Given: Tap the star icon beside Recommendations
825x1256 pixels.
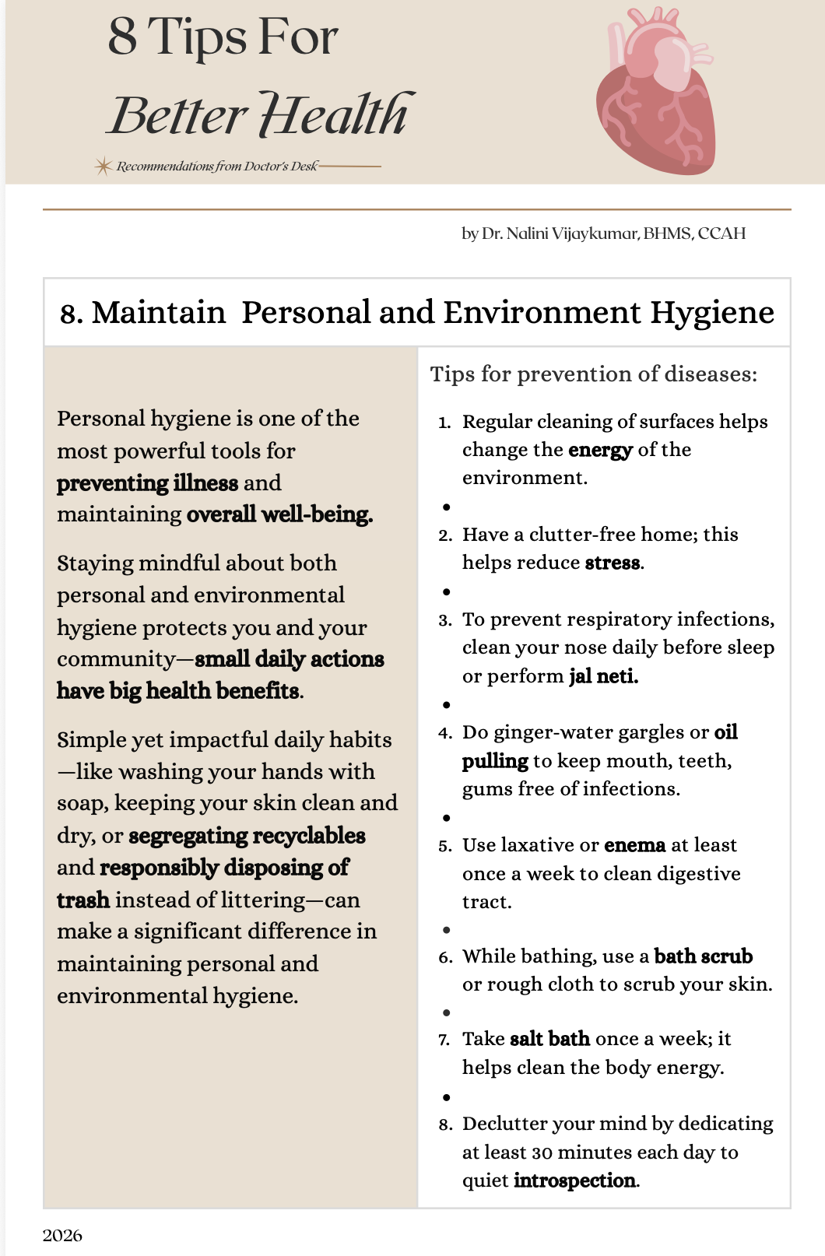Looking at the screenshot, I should [103, 166].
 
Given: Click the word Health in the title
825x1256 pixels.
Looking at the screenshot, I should [335, 115].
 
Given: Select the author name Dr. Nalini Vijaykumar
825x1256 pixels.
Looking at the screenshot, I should [560, 233].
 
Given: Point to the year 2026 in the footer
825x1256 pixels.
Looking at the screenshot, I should [62, 1236].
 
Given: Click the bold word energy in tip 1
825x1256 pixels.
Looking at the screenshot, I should [600, 450].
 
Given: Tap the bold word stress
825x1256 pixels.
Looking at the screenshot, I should [613, 563].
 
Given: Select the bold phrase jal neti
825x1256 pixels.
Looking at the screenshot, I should [603, 676].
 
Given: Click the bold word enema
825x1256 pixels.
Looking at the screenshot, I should [634, 845].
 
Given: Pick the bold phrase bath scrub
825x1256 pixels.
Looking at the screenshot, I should [703, 956].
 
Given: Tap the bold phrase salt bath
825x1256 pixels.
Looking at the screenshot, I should [549, 1039].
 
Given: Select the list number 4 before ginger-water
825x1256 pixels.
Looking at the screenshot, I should [444, 733].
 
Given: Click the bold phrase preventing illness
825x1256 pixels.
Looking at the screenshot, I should [147, 483].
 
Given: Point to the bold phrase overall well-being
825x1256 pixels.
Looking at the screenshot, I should [279, 514].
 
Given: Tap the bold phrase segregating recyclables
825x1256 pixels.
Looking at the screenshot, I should [247, 836].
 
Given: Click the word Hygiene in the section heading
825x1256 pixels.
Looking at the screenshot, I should [712, 313].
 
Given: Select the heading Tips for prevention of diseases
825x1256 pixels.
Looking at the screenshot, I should [593, 374].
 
